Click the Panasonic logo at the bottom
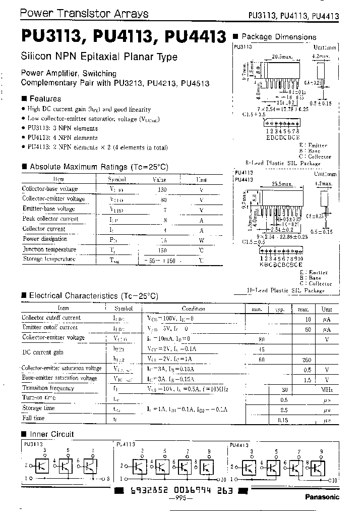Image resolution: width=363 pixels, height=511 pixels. [323, 496]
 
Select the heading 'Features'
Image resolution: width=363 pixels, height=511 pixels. [45, 99]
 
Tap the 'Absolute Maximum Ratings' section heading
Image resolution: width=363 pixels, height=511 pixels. [98, 167]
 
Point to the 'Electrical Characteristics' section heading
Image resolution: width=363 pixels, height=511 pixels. [93, 296]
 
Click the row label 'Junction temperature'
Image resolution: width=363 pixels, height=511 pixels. [49, 249]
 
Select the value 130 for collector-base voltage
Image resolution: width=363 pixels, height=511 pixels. [162, 189]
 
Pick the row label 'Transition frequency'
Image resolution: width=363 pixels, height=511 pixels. [48, 388]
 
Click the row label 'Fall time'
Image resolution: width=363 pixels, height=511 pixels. [33, 419]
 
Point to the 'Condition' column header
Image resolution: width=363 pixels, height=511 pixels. [193, 309]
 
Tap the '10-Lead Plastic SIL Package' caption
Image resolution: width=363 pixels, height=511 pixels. [285, 290]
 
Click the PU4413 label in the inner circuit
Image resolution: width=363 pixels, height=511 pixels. [239, 445]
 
